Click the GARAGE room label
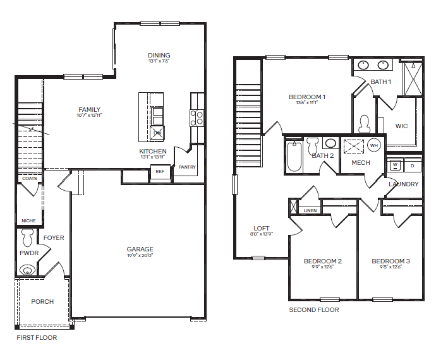click(140, 249)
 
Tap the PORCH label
click(42, 301)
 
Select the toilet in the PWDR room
click(27, 238)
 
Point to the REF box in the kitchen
click(160, 171)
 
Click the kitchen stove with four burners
click(197, 117)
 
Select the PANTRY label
click(187, 167)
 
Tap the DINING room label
click(159, 56)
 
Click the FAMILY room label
click(89, 109)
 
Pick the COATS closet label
click(29, 179)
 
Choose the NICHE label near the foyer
click(28, 220)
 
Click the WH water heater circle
click(373, 145)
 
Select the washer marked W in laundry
click(395, 165)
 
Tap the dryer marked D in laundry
click(412, 165)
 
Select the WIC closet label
click(401, 126)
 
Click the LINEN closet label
click(310, 210)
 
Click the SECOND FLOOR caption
click(313, 310)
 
